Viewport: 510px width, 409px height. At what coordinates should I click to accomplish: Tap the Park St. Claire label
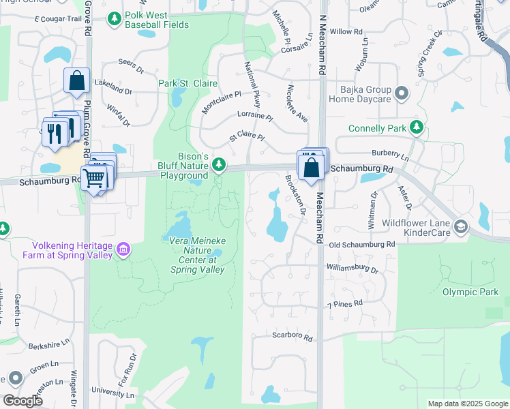(x=187, y=83)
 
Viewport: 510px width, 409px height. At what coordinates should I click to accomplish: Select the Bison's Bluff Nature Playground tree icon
(x=219, y=164)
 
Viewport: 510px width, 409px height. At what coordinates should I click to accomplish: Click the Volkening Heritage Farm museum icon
(x=123, y=250)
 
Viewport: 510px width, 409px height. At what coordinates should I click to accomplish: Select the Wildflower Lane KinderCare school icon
(x=462, y=226)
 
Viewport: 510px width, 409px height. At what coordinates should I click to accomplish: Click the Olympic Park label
(x=470, y=292)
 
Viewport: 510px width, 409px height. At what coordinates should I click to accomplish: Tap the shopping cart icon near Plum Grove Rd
(x=95, y=179)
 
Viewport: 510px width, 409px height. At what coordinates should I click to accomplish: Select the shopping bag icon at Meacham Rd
(x=311, y=166)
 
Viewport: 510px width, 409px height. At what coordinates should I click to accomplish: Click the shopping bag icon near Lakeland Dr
(x=77, y=80)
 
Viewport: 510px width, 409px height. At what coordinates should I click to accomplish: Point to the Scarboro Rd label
(x=292, y=337)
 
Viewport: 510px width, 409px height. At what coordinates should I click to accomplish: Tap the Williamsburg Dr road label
(x=352, y=269)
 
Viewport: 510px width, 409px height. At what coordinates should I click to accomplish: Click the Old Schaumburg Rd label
(x=361, y=244)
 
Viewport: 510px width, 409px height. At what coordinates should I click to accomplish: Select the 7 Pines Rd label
(x=345, y=304)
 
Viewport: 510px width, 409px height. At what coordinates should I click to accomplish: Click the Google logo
(x=22, y=401)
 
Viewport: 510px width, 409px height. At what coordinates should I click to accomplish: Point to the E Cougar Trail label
(x=57, y=18)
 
